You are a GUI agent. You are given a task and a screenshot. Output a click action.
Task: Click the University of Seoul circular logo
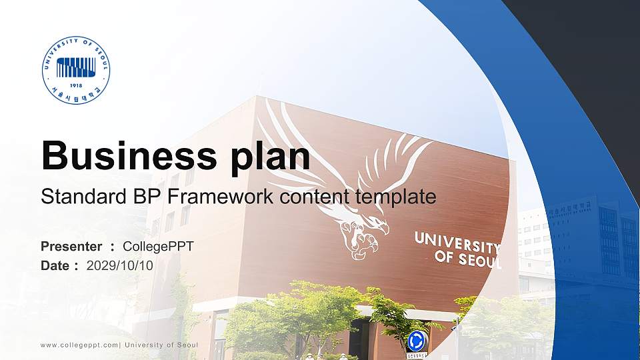tap(76, 71)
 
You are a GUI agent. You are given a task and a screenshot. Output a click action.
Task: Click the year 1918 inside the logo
tap(76, 86)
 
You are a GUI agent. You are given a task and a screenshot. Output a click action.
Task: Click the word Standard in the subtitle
tap(74, 197)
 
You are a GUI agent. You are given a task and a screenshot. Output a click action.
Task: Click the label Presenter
tap(71, 247)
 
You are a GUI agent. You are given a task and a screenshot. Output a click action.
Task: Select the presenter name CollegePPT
tap(158, 247)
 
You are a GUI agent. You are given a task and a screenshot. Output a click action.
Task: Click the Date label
tap(55, 265)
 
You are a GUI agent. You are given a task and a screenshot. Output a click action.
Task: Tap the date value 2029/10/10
tap(120, 265)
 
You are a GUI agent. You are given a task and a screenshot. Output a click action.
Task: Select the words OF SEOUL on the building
tap(467, 259)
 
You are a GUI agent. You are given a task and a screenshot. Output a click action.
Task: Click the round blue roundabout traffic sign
tap(417, 341)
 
